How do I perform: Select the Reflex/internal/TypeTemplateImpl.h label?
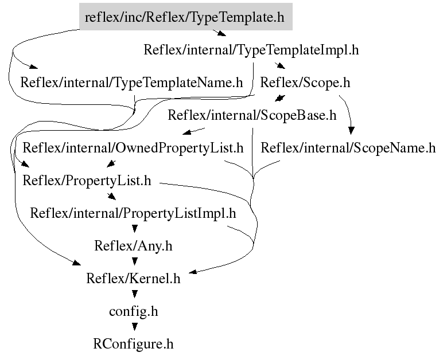251,50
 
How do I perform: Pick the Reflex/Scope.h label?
305,83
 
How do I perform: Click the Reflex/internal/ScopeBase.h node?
251,115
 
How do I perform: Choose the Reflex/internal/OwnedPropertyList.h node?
133,148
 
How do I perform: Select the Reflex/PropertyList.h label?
87,181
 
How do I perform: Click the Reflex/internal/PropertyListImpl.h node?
133,214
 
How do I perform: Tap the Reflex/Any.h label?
133,246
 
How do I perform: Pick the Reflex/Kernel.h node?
133,279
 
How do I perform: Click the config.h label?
133,312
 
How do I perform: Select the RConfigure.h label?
133,345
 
